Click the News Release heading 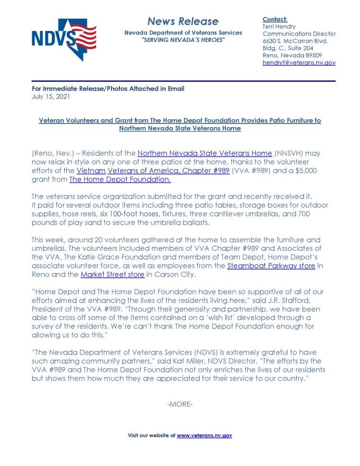click(x=182, y=21)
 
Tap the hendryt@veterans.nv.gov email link click(x=299, y=63)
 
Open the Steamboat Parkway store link click(x=271, y=266)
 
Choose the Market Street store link click(x=112, y=274)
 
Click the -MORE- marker click(x=180, y=405)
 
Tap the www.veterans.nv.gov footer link click(x=204, y=435)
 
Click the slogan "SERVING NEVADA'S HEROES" click(x=182, y=39)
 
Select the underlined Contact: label click(x=275, y=19)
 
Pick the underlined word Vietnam click(x=91, y=171)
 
